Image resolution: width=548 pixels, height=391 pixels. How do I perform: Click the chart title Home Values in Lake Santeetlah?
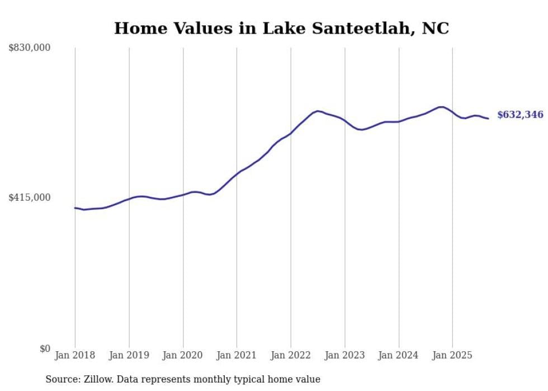point(281,29)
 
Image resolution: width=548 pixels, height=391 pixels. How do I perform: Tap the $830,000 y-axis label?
point(30,48)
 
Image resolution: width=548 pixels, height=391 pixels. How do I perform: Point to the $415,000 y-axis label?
point(30,197)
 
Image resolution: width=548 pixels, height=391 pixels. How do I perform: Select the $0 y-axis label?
point(45,348)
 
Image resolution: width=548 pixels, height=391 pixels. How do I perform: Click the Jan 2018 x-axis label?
point(75,355)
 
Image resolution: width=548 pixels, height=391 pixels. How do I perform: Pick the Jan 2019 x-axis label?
point(129,355)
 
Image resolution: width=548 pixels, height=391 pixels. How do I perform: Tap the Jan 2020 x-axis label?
point(183,355)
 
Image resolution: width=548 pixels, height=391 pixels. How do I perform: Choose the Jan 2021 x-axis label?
point(237,355)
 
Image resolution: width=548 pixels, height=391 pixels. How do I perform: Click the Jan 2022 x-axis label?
point(291,355)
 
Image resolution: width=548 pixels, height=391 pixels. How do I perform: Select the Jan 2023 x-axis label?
point(344,355)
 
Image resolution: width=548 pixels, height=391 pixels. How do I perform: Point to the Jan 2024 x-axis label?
point(399,355)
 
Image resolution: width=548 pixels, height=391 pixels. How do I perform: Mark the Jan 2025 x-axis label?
point(452,355)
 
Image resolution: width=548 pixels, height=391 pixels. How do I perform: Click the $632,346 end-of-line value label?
point(520,115)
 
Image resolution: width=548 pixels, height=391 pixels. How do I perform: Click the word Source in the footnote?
point(62,379)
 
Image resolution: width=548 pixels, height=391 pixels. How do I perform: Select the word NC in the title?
point(435,29)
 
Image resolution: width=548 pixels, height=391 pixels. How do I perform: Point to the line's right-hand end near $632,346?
point(488,118)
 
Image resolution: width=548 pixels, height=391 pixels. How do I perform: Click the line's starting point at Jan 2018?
point(75,208)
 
